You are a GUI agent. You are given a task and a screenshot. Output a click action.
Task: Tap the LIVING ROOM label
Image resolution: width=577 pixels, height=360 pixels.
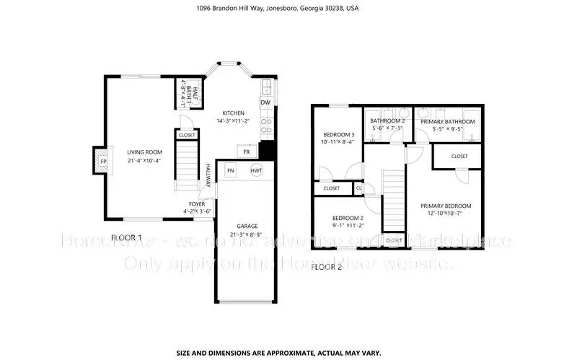click(x=144, y=152)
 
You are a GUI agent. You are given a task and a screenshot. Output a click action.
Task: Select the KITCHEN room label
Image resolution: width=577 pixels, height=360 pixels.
click(x=233, y=113)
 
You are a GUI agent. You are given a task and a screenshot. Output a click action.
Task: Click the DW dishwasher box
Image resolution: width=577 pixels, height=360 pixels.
click(x=265, y=102)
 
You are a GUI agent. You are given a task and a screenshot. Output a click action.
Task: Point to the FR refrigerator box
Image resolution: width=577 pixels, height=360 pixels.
click(x=247, y=152)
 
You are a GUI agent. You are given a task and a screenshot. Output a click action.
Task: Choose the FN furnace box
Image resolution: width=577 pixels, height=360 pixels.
click(x=231, y=170)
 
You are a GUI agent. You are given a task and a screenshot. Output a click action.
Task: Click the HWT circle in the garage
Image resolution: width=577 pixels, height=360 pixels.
click(x=256, y=170)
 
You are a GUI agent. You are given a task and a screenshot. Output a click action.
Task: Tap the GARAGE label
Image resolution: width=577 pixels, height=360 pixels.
click(x=247, y=226)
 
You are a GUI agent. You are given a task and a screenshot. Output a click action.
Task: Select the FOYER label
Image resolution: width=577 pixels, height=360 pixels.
click(x=197, y=204)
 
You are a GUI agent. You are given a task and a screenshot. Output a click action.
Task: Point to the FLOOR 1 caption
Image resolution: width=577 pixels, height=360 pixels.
click(x=126, y=237)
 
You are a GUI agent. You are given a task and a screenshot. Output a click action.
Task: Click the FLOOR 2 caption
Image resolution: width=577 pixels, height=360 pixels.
click(x=327, y=266)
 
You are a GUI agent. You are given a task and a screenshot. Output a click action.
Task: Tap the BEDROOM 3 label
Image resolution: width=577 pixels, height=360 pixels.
click(x=338, y=135)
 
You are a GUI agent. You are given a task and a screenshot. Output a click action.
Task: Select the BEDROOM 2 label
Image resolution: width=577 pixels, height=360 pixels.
click(x=347, y=218)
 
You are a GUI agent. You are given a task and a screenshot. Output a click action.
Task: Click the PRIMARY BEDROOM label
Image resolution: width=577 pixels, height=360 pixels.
click(x=446, y=206)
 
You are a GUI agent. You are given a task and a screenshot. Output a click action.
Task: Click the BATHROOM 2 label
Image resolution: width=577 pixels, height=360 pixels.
click(x=388, y=121)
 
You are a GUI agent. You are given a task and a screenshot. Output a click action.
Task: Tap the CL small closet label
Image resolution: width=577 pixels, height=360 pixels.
click(x=359, y=188)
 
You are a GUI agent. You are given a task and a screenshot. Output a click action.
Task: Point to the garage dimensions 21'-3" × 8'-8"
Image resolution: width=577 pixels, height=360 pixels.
click(x=247, y=234)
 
